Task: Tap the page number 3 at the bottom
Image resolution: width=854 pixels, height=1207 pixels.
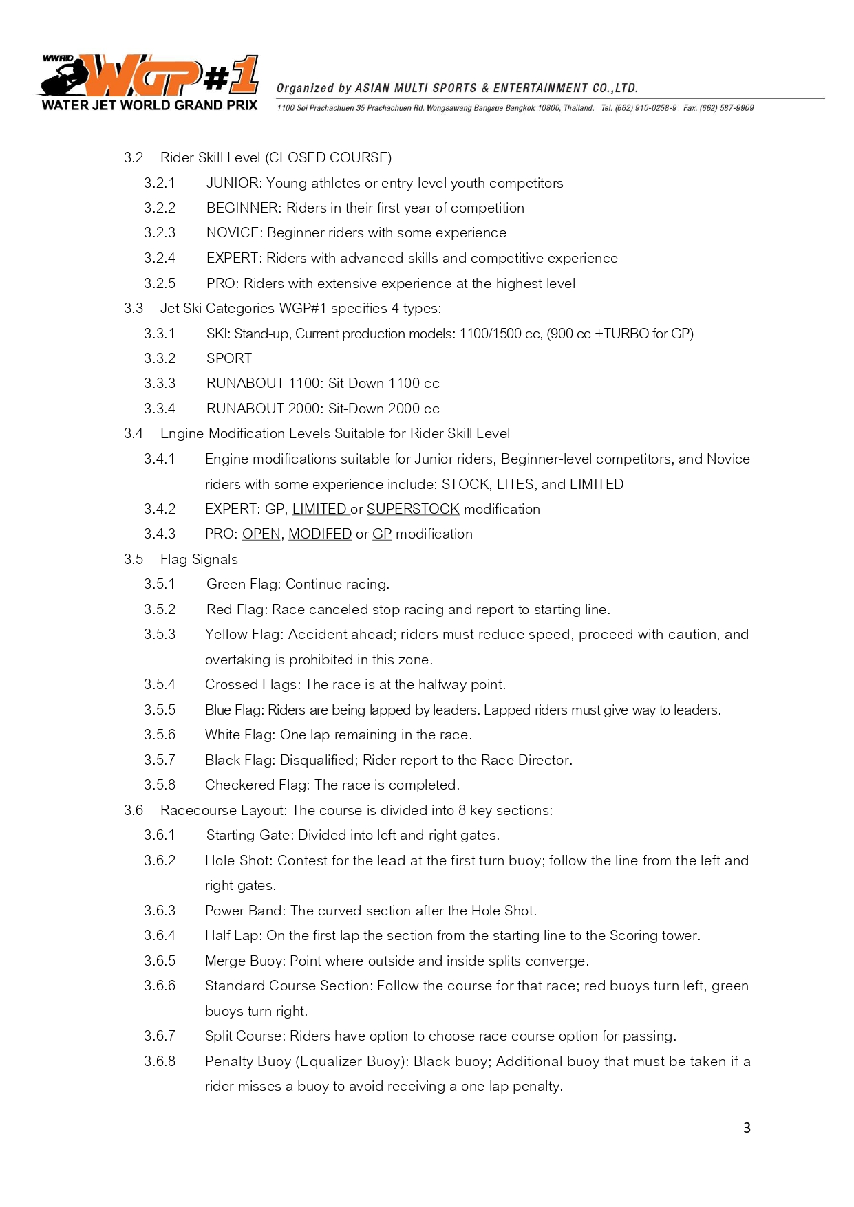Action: (747, 1128)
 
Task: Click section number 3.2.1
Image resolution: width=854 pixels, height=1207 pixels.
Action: (160, 183)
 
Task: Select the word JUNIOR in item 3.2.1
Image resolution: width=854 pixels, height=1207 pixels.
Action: (233, 183)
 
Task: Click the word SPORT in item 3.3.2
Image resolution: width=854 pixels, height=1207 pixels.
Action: (229, 358)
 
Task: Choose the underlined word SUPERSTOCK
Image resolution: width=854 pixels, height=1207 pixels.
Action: (413, 509)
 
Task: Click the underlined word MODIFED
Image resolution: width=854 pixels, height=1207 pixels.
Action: (320, 534)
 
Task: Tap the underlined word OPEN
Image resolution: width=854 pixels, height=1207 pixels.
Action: (261, 534)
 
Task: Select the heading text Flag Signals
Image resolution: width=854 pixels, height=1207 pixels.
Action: (199, 559)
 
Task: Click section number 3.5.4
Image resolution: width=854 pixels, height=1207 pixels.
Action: (160, 684)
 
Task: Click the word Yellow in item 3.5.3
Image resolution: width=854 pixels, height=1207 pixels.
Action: (226, 634)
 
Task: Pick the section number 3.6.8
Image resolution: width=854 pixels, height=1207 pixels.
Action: (160, 1061)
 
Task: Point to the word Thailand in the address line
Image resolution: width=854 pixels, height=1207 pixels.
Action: (578, 108)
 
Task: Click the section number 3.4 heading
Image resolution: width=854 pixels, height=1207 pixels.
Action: (134, 433)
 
